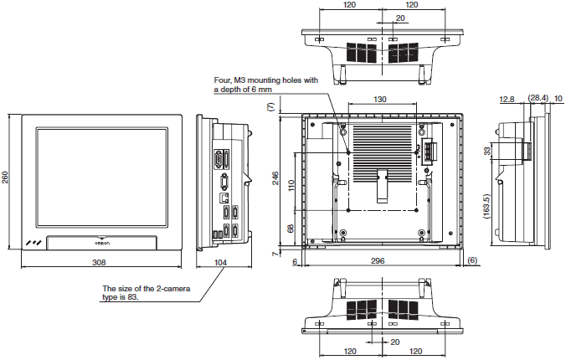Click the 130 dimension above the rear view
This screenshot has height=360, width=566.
[380, 100]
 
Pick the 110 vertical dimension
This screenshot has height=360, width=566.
[291, 184]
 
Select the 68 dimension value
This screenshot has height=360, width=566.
[291, 228]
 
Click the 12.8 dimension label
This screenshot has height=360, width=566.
[506, 98]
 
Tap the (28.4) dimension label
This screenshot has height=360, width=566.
[538, 98]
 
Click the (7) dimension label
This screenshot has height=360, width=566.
[270, 107]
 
